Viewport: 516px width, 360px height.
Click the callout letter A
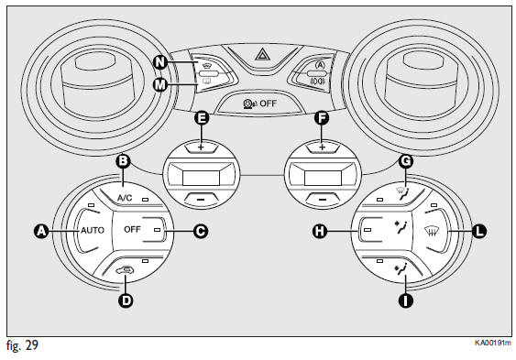coord(41,231)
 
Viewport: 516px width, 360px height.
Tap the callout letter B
coord(123,161)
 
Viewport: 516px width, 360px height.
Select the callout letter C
coord(201,231)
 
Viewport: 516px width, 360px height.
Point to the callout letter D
coord(126,300)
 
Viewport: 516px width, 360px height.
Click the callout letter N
coord(160,61)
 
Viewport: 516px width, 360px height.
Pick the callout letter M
coord(160,85)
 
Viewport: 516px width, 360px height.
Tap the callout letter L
coord(479,231)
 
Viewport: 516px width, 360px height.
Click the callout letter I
coord(405,300)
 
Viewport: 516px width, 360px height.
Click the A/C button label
coord(125,198)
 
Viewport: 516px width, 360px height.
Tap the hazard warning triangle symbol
coord(262,54)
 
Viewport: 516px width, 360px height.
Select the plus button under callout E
coord(201,147)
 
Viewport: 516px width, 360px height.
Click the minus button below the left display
coord(201,199)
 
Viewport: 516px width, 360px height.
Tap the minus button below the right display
coord(323,199)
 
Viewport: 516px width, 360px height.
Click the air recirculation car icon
coord(125,270)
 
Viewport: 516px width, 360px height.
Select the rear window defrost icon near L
coord(432,231)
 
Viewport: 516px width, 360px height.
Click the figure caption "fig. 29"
coord(22,345)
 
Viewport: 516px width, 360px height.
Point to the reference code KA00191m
coord(493,343)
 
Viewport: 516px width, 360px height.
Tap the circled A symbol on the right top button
coord(320,65)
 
